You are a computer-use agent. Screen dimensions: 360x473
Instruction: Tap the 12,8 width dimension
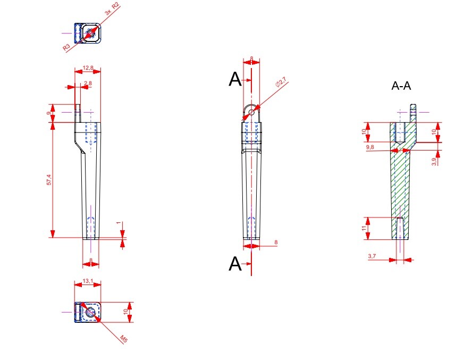point(88,68)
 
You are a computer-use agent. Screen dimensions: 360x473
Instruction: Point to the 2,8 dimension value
point(88,83)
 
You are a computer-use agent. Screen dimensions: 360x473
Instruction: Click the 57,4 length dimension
point(49,180)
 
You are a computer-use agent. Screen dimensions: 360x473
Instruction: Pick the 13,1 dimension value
point(88,281)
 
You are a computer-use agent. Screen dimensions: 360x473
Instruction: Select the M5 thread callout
point(123,339)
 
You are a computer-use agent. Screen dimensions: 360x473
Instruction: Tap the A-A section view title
point(401,86)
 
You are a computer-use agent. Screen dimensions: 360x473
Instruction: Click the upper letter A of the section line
point(234,80)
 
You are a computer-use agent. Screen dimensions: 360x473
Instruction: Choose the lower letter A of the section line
point(234,264)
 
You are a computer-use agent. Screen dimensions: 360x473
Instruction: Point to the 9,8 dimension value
point(370,147)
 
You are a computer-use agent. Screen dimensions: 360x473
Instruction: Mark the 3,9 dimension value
point(434,162)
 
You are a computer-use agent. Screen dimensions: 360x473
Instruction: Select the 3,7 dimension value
point(372,256)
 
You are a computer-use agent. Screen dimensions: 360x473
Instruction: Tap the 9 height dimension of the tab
point(49,113)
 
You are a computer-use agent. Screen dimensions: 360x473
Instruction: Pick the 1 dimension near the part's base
point(120,223)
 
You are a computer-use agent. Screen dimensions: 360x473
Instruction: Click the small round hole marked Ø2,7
point(252,112)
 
